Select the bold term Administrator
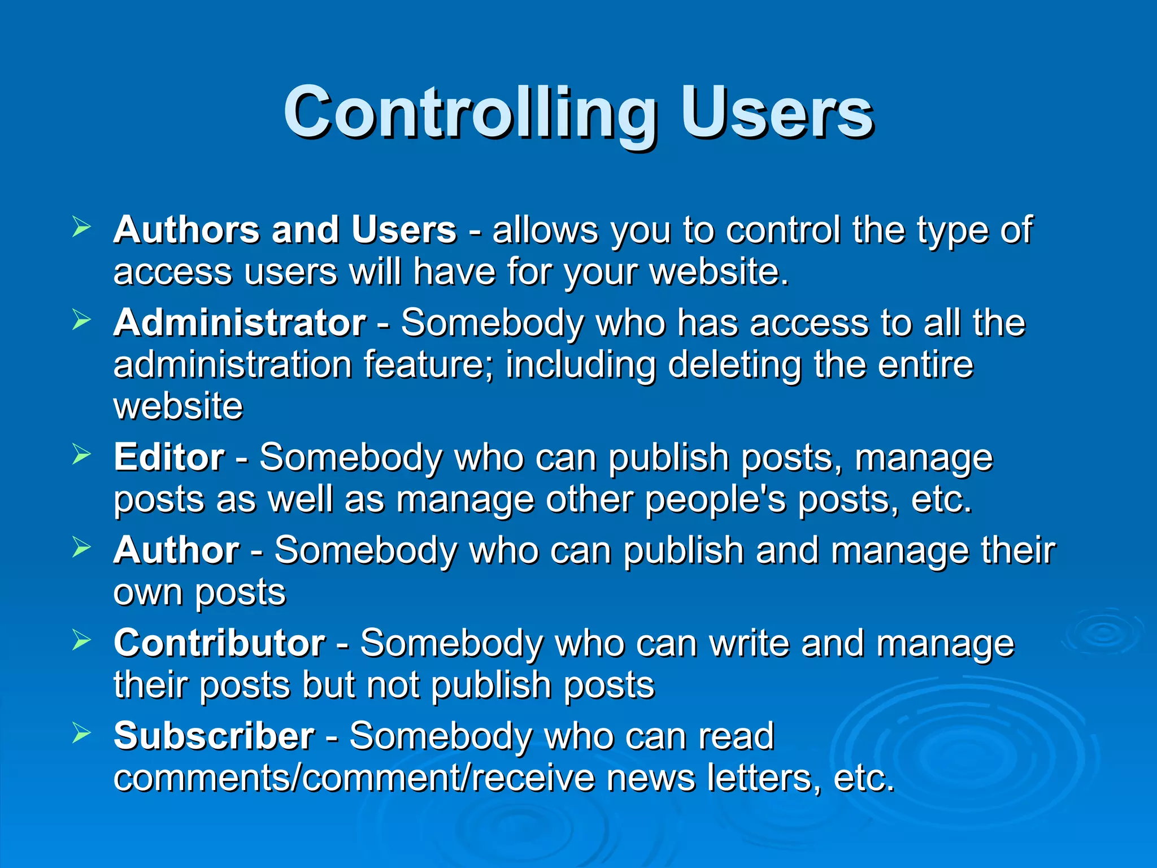click(240, 323)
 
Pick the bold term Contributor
click(219, 643)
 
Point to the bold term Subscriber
click(214, 736)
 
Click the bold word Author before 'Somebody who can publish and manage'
click(176, 550)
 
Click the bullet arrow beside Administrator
click(81, 320)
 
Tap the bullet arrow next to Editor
click(81, 454)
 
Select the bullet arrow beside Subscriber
click(81, 734)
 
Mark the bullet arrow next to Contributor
click(81, 640)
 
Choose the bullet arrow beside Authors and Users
click(81, 227)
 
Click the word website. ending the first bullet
click(719, 272)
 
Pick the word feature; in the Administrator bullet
click(428, 364)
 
